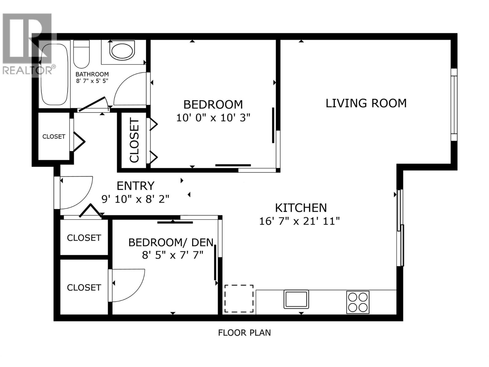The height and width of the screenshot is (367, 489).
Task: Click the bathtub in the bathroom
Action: tap(54, 75)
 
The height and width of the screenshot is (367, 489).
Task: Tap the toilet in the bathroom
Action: tap(81, 55)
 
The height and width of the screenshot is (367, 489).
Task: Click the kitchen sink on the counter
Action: tap(296, 299)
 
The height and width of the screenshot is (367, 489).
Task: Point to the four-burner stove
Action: tap(358, 302)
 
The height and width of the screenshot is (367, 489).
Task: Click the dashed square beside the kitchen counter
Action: tap(239, 298)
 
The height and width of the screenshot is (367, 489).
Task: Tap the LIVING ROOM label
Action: tap(366, 103)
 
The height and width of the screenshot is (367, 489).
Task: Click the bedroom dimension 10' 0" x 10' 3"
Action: tap(213, 118)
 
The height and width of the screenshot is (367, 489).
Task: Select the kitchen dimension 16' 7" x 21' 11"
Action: tap(299, 221)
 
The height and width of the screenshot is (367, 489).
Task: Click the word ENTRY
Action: tap(135, 186)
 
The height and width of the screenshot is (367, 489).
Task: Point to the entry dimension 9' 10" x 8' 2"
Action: tap(135, 199)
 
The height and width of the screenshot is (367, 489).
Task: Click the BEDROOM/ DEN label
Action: tap(171, 243)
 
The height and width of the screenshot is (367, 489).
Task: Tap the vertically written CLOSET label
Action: tap(134, 141)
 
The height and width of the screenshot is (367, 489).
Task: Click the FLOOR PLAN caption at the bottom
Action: tap(244, 332)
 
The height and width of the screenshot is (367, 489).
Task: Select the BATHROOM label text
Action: tap(92, 74)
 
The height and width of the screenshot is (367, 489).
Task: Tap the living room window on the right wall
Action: tap(454, 105)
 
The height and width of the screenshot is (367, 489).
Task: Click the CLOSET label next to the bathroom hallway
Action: tap(53, 137)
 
